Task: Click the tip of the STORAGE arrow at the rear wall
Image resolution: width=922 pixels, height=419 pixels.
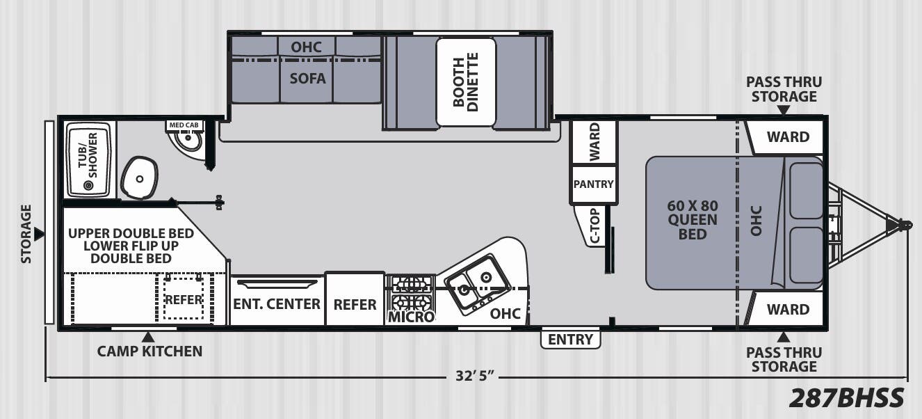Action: (x=45, y=235)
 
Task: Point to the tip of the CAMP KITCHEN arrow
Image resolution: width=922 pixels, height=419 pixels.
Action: (x=148, y=332)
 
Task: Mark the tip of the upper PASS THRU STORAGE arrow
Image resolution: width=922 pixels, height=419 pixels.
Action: (x=784, y=115)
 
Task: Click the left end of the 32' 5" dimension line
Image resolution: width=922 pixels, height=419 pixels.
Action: (x=46, y=377)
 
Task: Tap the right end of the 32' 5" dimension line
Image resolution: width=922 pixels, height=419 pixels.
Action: (x=907, y=377)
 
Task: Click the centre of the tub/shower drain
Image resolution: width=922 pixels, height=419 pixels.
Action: (x=88, y=185)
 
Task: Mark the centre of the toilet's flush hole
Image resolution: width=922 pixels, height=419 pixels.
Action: (x=140, y=179)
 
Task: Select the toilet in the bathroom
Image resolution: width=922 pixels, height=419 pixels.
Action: (x=140, y=177)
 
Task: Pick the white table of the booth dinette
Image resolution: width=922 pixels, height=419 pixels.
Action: (x=466, y=82)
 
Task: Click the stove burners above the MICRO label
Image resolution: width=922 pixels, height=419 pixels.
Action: (x=411, y=293)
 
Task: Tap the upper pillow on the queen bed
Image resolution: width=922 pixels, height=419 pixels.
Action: (x=806, y=190)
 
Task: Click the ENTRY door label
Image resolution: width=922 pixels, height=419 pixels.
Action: (x=570, y=340)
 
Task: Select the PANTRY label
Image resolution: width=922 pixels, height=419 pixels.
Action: (x=594, y=184)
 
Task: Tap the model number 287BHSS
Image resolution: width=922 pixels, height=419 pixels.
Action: (x=847, y=397)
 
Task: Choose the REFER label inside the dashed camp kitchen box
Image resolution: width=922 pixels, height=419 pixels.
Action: (x=184, y=299)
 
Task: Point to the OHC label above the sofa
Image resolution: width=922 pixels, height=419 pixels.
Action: (x=306, y=47)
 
